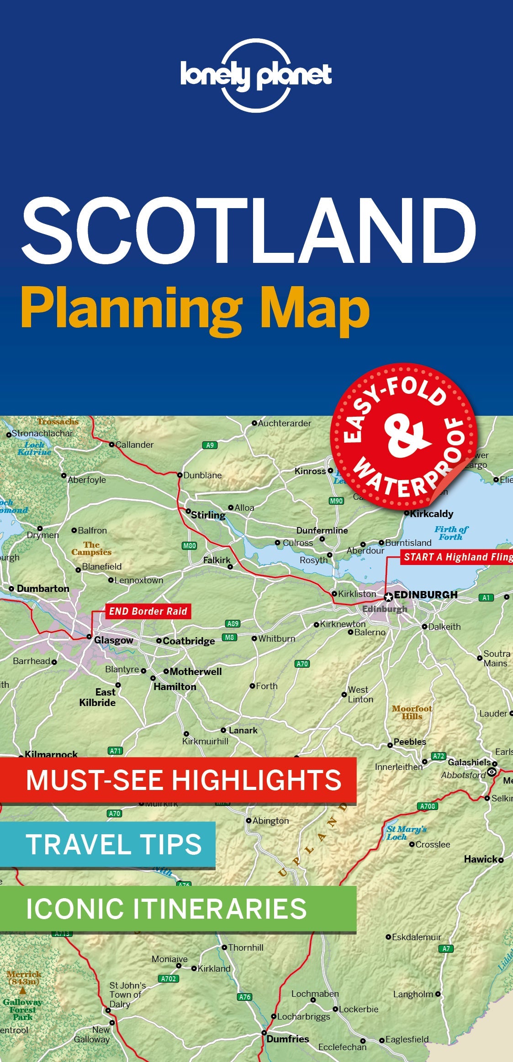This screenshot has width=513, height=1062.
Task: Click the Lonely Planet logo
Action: point(256,75)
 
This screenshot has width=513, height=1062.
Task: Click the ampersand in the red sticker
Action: point(406,436)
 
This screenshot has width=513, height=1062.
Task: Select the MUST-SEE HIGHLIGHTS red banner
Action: point(178,779)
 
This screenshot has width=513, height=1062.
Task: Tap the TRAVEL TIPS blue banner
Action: point(108,844)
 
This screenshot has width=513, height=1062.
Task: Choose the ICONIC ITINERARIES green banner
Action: point(178,908)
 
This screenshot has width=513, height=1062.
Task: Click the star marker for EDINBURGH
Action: point(388,597)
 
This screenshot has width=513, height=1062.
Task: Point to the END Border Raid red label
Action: point(148,611)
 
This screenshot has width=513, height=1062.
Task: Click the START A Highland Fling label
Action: point(457,557)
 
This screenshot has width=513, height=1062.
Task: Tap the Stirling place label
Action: point(208,515)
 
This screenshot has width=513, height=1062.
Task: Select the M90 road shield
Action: point(336,501)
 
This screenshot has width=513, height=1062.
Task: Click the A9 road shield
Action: point(210,445)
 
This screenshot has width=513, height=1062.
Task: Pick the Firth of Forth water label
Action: point(451,533)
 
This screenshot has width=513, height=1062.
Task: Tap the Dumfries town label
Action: point(287,1039)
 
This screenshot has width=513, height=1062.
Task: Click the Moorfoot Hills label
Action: point(412,712)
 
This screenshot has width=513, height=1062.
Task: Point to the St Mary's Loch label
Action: point(406,833)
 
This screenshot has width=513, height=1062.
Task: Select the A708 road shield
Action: point(428,806)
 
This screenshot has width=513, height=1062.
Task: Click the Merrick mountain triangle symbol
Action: point(22,991)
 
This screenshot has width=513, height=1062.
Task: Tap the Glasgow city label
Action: point(113,640)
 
